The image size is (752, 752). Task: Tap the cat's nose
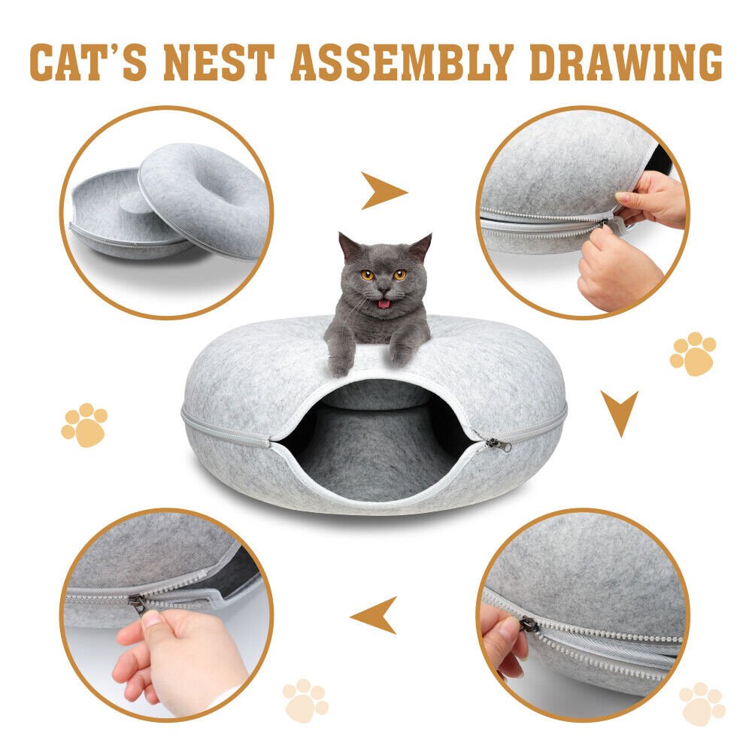point(384,289)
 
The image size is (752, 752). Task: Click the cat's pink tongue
point(384,304)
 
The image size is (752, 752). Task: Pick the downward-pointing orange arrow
point(619,411)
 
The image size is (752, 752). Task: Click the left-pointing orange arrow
point(375,614)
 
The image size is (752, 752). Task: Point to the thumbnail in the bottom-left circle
point(153,620)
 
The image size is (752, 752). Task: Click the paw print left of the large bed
point(84,425)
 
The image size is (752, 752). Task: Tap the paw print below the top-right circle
point(693,353)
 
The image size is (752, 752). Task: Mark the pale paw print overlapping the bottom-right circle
point(702,704)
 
